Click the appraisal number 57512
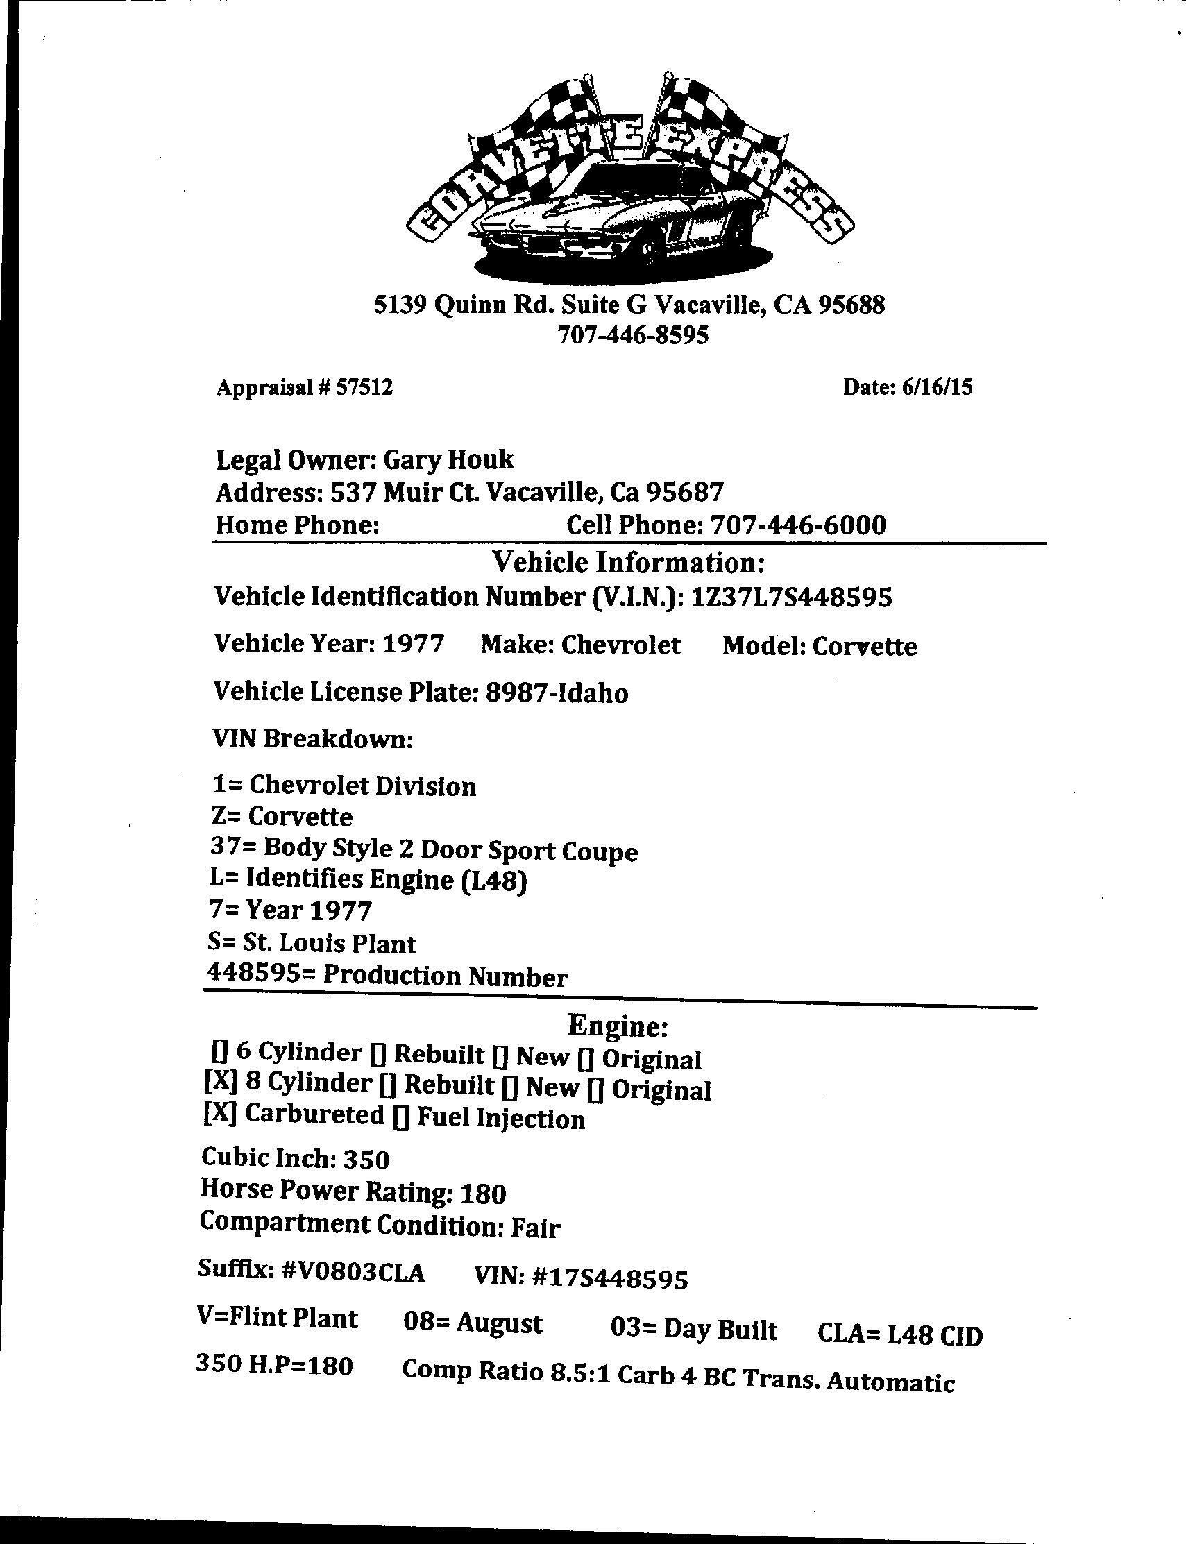pyautogui.click(x=364, y=387)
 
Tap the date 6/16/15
pyautogui.click(x=937, y=387)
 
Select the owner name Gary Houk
pyautogui.click(x=448, y=460)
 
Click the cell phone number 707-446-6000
pyautogui.click(x=797, y=525)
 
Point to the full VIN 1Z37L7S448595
pyautogui.click(x=792, y=597)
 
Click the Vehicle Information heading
pyautogui.click(x=628, y=563)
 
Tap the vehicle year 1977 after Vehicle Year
pyautogui.click(x=414, y=644)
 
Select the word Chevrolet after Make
pyautogui.click(x=621, y=645)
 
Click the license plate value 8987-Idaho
pyautogui.click(x=557, y=693)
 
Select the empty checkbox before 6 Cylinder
pyautogui.click(x=218, y=1051)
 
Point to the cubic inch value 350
pyautogui.click(x=366, y=1160)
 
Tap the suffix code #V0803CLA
pyautogui.click(x=353, y=1273)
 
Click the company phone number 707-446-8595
pyautogui.click(x=632, y=334)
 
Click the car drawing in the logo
pyautogui.click(x=607, y=212)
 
